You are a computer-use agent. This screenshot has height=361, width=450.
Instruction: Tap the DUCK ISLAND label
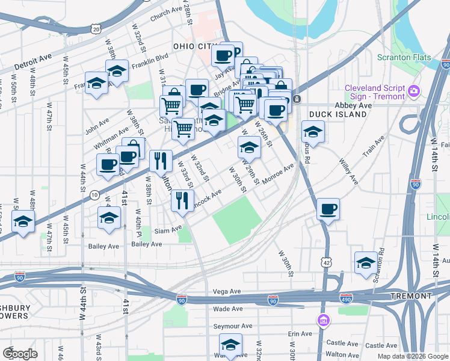pos(337,114)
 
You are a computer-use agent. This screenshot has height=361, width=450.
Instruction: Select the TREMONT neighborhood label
pos(411,296)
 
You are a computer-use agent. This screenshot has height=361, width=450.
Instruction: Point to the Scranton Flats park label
pos(402,58)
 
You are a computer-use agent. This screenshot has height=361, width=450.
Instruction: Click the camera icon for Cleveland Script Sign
pos(414,91)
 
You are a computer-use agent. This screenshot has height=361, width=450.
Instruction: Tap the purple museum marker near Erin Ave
pos(324,319)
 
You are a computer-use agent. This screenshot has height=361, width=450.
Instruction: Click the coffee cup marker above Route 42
pos(327,209)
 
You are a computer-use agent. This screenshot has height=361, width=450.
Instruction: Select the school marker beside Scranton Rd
pos(365,263)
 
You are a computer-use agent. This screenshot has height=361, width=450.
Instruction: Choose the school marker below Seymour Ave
pos(230,345)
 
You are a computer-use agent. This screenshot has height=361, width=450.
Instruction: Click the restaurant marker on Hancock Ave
pos(182,200)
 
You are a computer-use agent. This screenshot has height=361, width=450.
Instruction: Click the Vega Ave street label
pos(227,291)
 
